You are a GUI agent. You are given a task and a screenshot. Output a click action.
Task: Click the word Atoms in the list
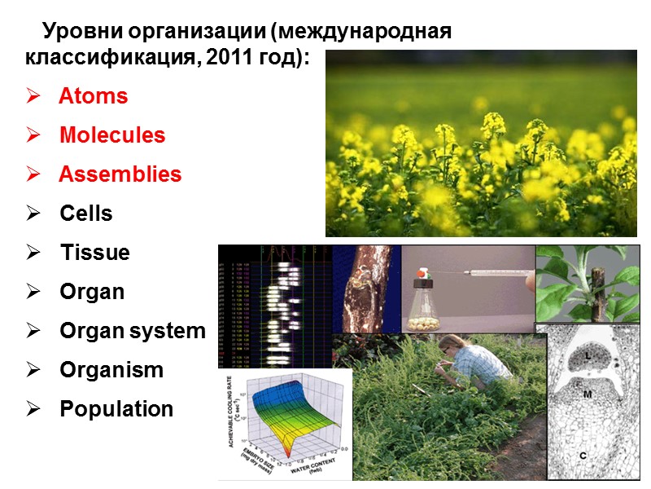94,96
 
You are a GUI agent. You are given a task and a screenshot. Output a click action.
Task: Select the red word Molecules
112,135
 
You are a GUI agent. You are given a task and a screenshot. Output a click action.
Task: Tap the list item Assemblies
120,174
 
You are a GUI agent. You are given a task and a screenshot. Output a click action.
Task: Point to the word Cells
86,214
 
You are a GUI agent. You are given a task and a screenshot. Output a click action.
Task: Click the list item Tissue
94,253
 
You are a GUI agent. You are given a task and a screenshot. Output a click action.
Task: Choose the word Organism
111,370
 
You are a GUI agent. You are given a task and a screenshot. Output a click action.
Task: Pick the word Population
116,409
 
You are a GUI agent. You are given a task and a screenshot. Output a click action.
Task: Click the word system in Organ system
168,331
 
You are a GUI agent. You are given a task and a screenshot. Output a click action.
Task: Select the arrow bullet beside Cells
33,214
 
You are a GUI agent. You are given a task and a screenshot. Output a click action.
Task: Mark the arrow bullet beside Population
33,410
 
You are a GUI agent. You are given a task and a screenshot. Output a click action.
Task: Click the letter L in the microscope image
587,356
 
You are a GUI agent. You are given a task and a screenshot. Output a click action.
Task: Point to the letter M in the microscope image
587,394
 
